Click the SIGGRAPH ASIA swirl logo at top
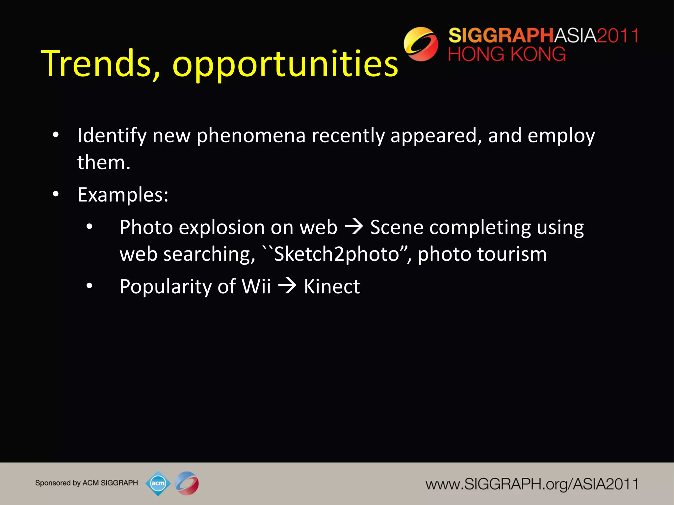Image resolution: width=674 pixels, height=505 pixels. coord(421,44)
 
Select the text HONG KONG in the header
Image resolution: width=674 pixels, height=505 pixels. coord(507,54)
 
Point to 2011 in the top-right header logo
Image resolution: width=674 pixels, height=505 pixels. coord(617,36)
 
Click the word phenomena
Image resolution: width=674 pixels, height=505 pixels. coord(251,135)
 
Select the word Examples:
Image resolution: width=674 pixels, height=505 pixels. coord(123,195)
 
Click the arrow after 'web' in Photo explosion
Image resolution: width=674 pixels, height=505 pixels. coord(353,227)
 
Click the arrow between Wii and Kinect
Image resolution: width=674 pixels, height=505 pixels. coord(287,286)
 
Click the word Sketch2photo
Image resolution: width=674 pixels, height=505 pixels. coord(336,254)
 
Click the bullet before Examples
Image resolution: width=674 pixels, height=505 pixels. coord(56,194)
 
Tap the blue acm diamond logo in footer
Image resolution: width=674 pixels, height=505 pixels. coord(158,483)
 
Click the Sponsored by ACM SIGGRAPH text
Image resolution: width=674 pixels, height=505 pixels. coord(86,483)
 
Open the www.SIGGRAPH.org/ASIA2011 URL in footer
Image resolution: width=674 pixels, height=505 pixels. coord(532,484)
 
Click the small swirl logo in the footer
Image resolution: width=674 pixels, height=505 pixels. coord(187,483)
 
